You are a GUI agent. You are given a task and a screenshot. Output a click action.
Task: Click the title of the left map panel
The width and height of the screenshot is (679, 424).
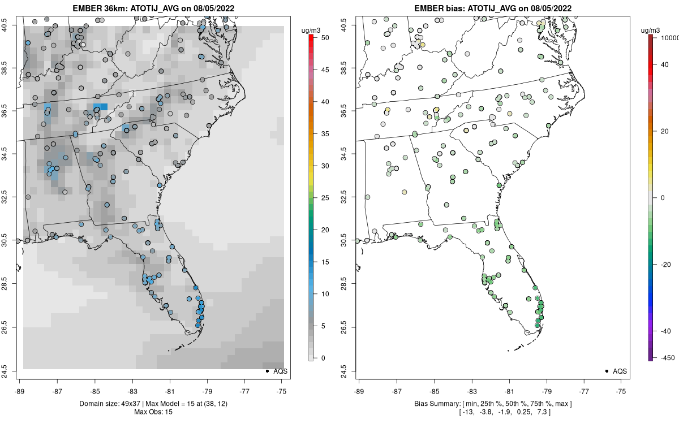(x=153, y=8)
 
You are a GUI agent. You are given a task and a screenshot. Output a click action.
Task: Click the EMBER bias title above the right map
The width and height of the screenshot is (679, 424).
(x=493, y=8)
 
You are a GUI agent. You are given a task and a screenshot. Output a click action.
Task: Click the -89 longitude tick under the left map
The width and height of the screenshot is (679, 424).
(x=20, y=390)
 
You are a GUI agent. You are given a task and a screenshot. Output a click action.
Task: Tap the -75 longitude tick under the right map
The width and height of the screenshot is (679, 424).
(x=622, y=390)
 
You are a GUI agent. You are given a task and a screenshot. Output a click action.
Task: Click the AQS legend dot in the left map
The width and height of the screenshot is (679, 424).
(x=267, y=371)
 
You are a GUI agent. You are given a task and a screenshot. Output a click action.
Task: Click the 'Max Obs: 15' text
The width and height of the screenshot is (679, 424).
(x=153, y=412)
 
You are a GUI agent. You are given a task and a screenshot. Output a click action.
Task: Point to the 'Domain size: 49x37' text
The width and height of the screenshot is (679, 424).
(x=107, y=403)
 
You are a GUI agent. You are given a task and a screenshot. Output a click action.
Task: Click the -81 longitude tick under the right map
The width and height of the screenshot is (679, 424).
(x=509, y=390)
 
